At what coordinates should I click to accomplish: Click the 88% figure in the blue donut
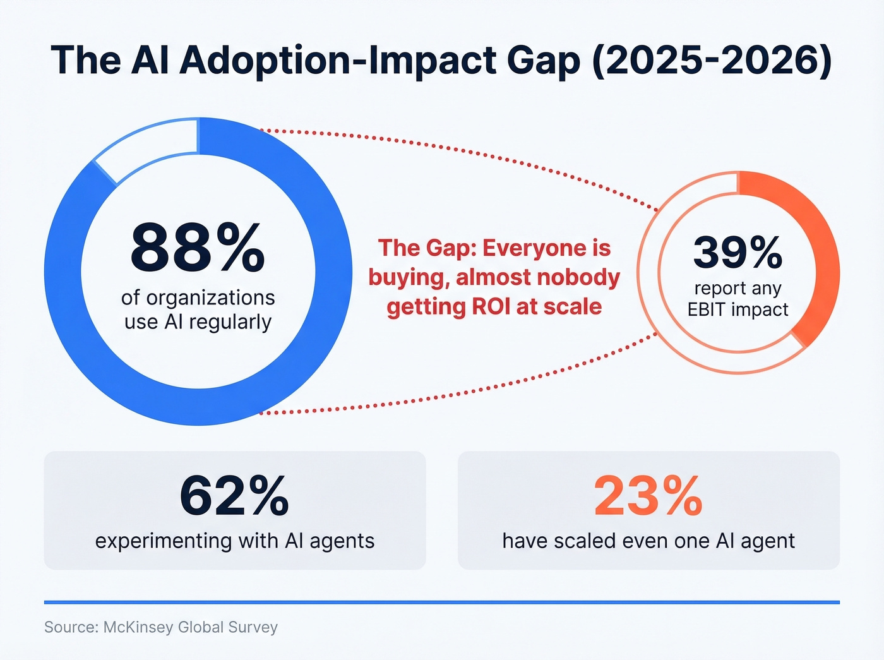pos(198,248)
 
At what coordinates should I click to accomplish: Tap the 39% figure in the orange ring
pos(738,253)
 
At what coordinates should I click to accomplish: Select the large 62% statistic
pos(234,496)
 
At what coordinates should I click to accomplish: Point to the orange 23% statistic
pos(648,496)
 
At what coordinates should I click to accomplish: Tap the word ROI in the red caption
pos(491,307)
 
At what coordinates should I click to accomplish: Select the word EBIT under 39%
pos(706,309)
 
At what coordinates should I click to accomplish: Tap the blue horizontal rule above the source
pos(442,603)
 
